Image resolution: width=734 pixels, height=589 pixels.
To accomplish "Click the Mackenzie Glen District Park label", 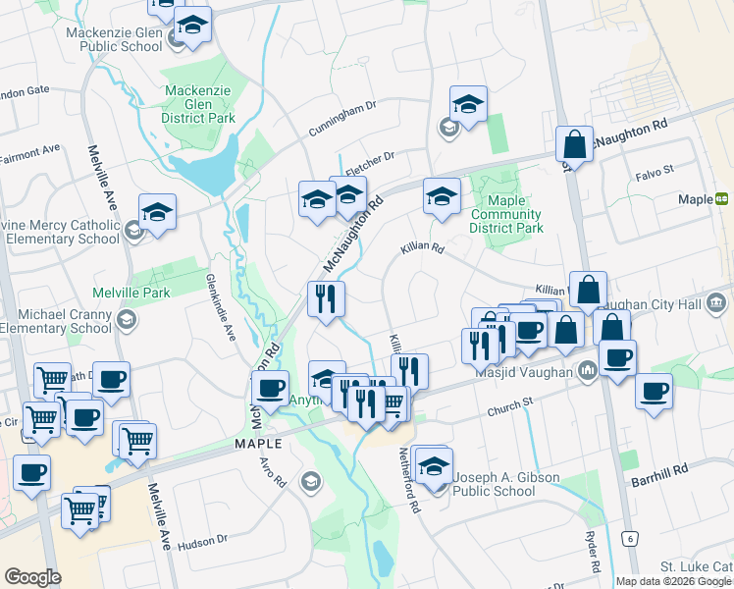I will (x=199, y=105).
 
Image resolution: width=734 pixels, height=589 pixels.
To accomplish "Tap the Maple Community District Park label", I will (x=505, y=214).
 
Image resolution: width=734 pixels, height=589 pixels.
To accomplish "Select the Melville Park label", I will (x=131, y=293).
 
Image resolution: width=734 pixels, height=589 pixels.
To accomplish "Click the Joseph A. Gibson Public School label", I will (x=506, y=485).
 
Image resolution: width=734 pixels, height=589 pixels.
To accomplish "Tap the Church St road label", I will (x=512, y=402).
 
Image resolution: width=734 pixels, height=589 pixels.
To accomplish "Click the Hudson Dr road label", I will (x=203, y=538).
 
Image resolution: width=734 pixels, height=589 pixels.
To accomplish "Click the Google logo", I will (x=32, y=577).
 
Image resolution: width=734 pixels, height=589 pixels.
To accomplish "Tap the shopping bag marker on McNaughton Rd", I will (x=574, y=143).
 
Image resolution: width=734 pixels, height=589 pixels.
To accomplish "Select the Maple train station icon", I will (x=722, y=199).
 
